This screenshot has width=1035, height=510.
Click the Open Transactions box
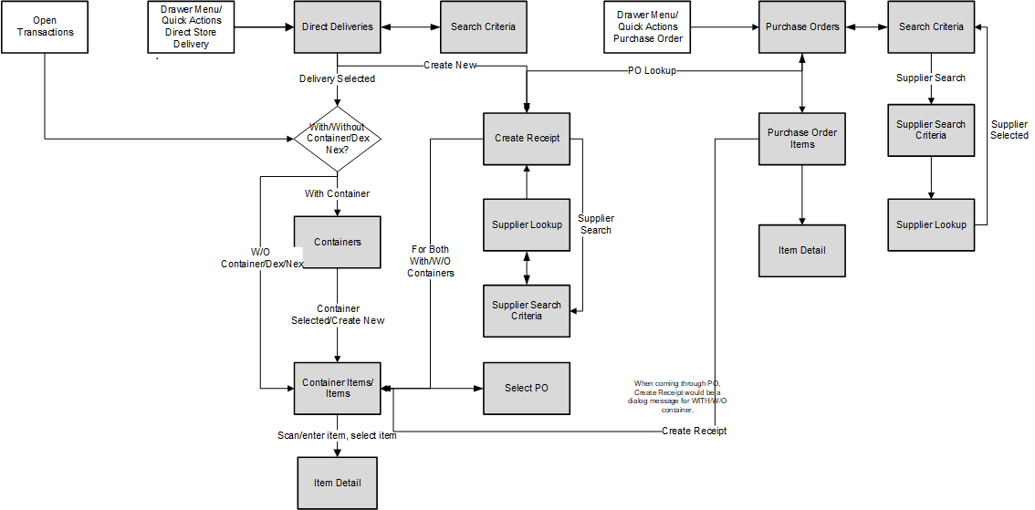45,27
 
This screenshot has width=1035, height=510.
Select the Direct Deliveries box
338,27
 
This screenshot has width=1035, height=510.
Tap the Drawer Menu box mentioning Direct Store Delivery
191,27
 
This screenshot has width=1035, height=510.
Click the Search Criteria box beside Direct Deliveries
483,27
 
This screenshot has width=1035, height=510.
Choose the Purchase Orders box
802,27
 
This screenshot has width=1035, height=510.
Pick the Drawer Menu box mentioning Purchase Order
647,27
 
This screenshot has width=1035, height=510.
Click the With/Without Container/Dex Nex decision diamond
338,139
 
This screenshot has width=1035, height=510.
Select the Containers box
338,242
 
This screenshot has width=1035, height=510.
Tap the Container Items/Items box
338,388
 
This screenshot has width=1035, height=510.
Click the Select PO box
527,388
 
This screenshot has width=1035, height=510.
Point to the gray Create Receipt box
527,139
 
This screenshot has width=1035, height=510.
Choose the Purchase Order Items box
802,139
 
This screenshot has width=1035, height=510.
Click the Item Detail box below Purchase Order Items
802,250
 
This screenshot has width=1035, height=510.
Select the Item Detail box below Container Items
338,483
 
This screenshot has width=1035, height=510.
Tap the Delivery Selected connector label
338,79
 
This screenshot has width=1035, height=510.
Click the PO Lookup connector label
652,70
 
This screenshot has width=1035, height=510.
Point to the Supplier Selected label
1009,130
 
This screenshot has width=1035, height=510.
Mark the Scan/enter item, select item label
338,435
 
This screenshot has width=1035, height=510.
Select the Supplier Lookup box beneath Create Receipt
527,224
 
